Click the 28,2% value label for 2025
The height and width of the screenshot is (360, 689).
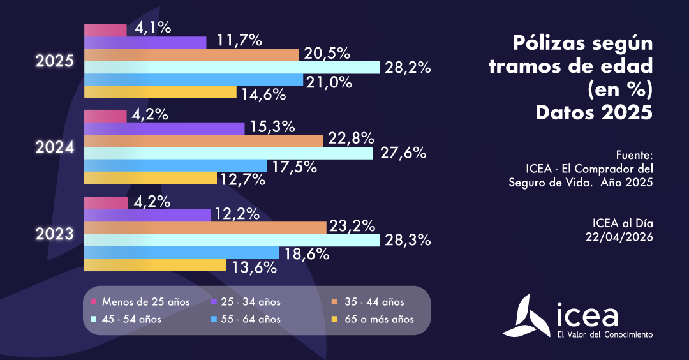click(x=406, y=68)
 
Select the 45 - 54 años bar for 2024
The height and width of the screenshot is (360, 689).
click(x=228, y=153)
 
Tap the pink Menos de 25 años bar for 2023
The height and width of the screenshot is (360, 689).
click(x=106, y=203)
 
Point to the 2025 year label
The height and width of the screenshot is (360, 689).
click(x=55, y=62)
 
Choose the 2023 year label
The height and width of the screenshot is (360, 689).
click(x=55, y=234)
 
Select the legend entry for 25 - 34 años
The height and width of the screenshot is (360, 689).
click(x=246, y=302)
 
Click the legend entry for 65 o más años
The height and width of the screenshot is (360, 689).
click(x=373, y=319)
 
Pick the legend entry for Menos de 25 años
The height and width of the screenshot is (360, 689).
click(x=140, y=302)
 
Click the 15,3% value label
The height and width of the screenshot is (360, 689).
click(x=272, y=127)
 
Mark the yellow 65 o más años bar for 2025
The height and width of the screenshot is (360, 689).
click(x=160, y=93)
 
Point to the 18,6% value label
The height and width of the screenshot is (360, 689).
click(x=307, y=253)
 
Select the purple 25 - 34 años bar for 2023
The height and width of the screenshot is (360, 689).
click(x=147, y=215)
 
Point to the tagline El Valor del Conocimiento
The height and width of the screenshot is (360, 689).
click(x=605, y=334)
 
